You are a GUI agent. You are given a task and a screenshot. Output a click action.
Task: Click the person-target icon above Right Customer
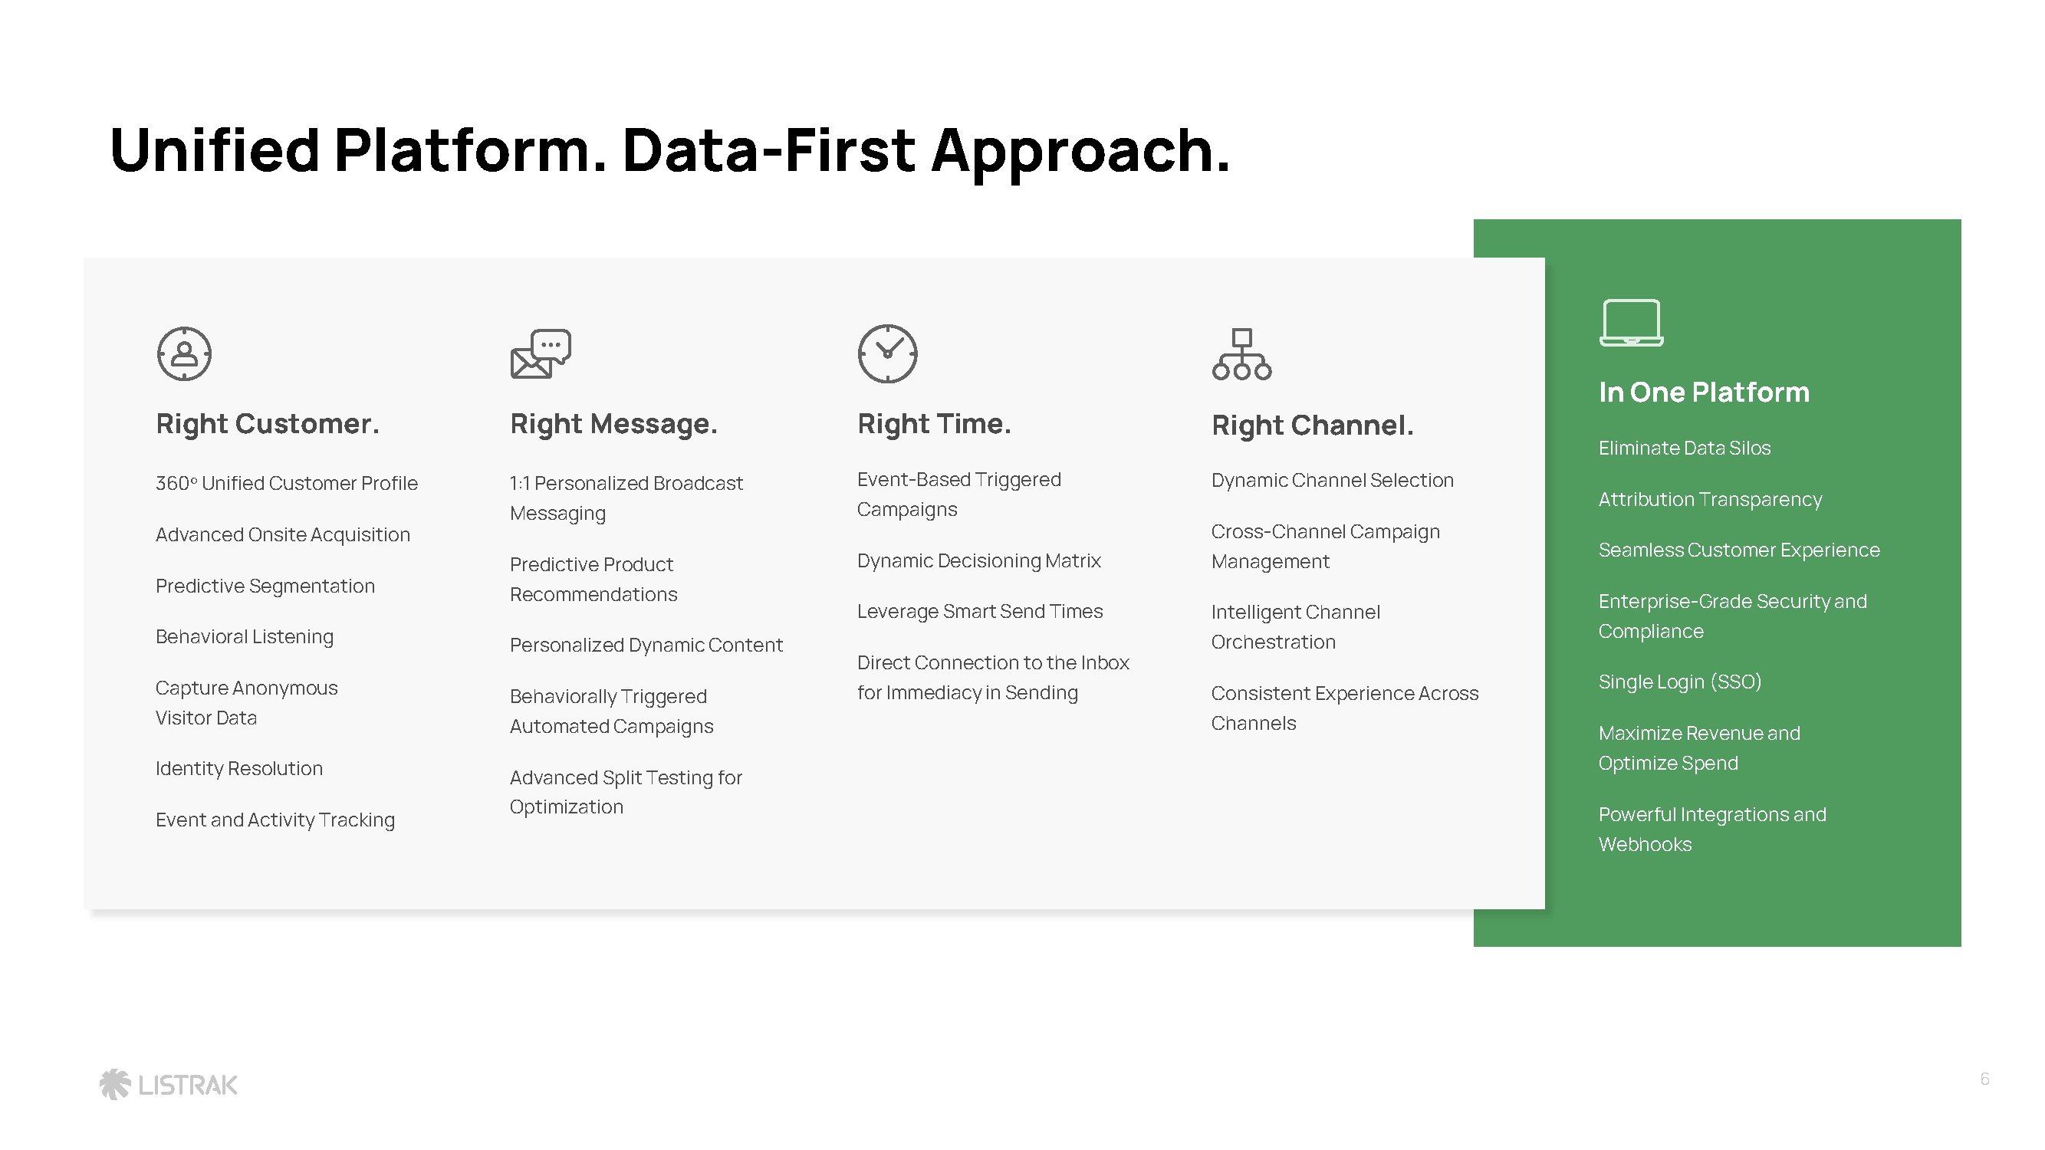click(184, 354)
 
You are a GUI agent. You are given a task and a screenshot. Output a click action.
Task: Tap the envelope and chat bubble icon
click(541, 354)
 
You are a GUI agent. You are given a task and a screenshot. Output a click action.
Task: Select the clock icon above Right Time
click(887, 354)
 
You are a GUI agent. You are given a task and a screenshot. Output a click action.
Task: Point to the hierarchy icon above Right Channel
click(1241, 355)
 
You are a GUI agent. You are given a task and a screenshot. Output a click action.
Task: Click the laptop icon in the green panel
click(1632, 323)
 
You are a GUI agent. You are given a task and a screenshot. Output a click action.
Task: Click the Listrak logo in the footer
click(168, 1084)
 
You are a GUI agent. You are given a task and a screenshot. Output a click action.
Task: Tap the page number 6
click(1984, 1079)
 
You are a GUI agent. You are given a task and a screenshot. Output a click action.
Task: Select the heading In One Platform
click(1704, 392)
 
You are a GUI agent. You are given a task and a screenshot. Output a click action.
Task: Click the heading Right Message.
click(613, 425)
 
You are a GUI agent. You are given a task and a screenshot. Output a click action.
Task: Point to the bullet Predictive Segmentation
click(265, 586)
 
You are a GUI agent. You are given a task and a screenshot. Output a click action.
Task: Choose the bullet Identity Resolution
click(239, 768)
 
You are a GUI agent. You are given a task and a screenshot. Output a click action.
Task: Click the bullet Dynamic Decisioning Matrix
click(979, 561)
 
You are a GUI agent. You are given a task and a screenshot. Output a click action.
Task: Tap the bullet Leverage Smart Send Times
click(980, 612)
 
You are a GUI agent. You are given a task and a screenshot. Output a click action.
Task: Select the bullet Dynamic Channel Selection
click(1332, 480)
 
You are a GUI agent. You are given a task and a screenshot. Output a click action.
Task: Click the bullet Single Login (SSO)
click(1680, 682)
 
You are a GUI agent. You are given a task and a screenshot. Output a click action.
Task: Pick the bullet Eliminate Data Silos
click(1685, 449)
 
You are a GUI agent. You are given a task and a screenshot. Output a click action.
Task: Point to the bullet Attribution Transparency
click(1710, 500)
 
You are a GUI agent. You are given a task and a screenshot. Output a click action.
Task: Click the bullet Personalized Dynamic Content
click(646, 646)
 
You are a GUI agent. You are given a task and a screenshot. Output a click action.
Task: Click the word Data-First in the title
click(768, 150)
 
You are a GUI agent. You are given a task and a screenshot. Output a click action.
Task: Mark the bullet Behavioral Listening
click(245, 637)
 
